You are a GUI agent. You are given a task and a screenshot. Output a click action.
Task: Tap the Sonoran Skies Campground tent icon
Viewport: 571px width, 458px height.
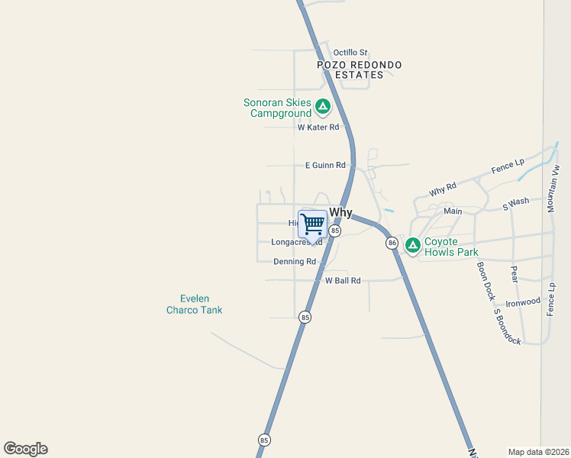(x=323, y=107)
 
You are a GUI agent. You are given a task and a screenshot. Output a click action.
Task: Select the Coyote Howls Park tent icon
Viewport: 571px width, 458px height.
(x=412, y=245)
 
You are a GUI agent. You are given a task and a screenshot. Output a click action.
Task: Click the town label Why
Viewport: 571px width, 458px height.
(x=340, y=213)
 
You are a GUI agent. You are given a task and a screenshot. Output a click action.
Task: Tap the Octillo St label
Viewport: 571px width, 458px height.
(x=350, y=53)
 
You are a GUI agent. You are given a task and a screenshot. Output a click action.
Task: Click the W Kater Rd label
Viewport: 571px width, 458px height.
(x=318, y=127)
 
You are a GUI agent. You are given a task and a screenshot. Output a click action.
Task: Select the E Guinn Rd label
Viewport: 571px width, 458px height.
(x=325, y=165)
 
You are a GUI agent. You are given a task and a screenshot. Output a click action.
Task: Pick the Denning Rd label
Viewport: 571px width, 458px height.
(x=295, y=261)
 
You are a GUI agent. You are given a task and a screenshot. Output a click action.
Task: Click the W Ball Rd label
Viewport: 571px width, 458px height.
(x=343, y=281)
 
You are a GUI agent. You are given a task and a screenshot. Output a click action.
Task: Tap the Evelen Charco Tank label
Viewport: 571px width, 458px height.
(x=195, y=304)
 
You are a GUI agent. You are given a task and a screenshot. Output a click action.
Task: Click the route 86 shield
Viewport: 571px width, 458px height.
(x=392, y=243)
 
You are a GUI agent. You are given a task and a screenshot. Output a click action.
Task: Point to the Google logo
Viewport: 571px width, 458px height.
(x=25, y=449)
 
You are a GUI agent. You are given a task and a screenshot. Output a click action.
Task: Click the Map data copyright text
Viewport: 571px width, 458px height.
(x=538, y=452)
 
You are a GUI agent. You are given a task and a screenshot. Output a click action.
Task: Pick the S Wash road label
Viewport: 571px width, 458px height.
(x=515, y=204)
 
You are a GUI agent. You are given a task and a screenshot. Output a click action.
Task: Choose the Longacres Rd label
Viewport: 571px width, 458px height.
(x=296, y=242)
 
